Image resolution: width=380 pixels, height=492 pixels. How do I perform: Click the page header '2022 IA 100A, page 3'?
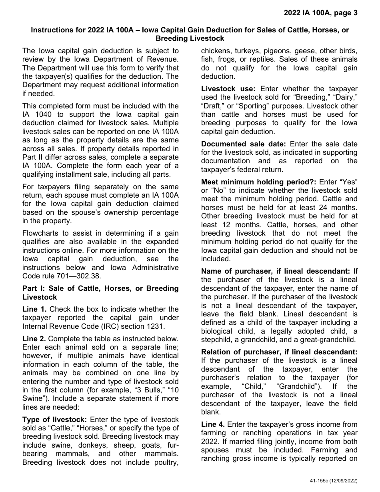click(x=320, y=12)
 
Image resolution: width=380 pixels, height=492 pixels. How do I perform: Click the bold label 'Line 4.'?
click(x=213, y=424)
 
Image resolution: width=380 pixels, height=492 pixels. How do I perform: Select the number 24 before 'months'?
click(x=312, y=207)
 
